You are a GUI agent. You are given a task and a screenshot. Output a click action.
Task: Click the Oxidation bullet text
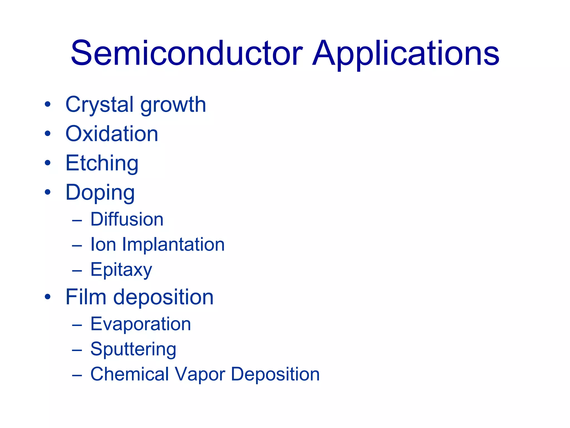(x=112, y=134)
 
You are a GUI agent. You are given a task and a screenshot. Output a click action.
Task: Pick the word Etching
(x=102, y=164)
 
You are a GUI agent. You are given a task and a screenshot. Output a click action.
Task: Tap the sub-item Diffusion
(x=127, y=219)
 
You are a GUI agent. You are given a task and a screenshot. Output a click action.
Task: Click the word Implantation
(x=173, y=245)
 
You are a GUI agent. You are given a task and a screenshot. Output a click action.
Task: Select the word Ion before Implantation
(x=103, y=245)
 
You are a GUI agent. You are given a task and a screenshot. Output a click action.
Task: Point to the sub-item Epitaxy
(x=121, y=270)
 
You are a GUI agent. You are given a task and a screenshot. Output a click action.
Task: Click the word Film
(x=86, y=297)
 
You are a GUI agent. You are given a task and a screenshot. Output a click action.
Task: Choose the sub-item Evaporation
(x=141, y=324)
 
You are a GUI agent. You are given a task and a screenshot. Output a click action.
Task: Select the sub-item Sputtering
(x=133, y=349)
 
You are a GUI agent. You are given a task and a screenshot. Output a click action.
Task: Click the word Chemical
(x=130, y=374)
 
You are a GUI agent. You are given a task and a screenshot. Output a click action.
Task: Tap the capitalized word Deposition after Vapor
(x=275, y=374)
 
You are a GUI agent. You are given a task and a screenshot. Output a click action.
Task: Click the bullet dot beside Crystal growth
(x=48, y=104)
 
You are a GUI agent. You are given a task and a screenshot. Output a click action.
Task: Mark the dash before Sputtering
(x=77, y=350)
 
